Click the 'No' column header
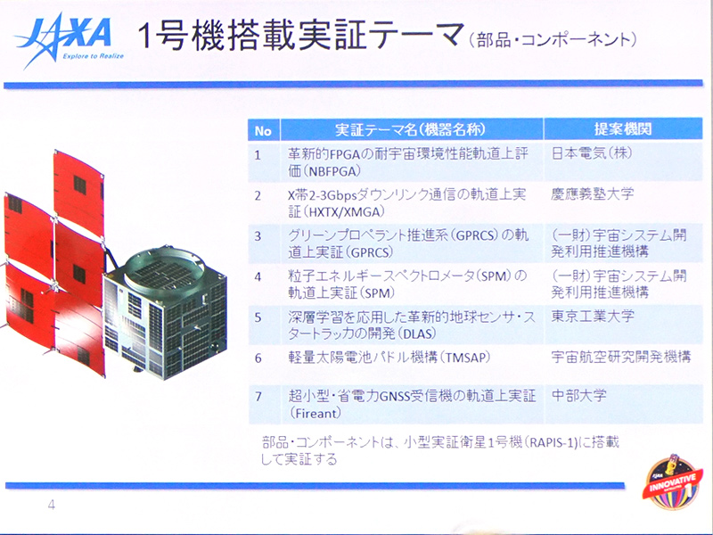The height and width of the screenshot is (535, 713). [x=262, y=129]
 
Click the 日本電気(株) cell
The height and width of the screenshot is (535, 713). [x=589, y=152]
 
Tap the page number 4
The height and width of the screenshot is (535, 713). [x=52, y=506]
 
